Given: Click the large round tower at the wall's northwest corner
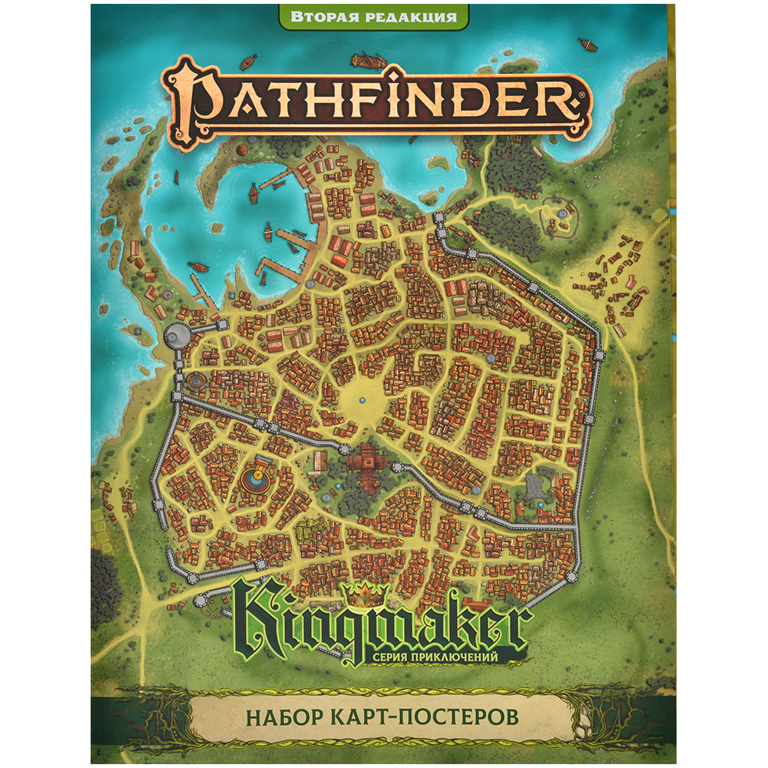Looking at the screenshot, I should (178, 333).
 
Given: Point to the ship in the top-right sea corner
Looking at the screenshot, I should (587, 45).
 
